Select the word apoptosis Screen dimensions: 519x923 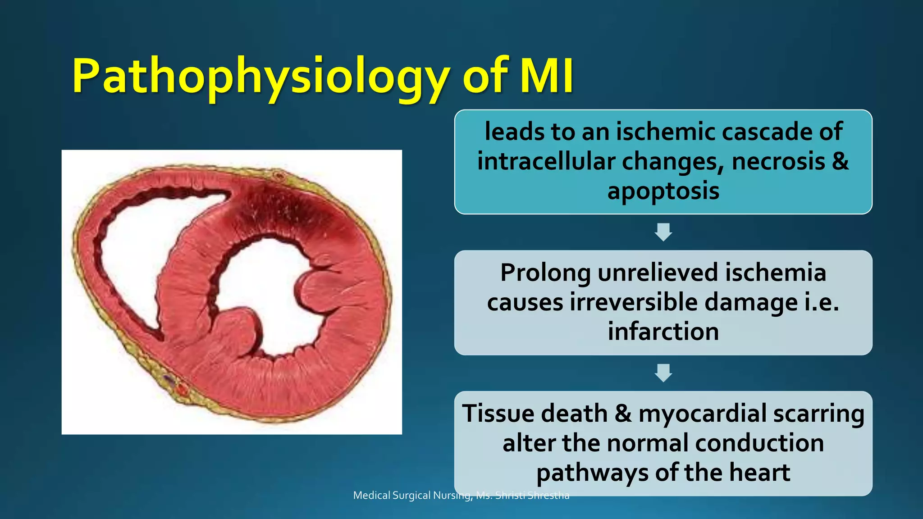tap(663, 191)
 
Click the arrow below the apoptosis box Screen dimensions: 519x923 tap(663, 232)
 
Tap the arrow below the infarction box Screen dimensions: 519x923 tap(663, 373)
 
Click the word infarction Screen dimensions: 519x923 tap(663, 332)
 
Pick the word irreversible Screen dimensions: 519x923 tap(634, 302)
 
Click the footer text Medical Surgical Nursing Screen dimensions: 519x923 tap(412, 496)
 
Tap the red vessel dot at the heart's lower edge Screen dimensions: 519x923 tap(182, 388)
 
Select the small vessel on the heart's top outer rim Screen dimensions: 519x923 tap(279, 175)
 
